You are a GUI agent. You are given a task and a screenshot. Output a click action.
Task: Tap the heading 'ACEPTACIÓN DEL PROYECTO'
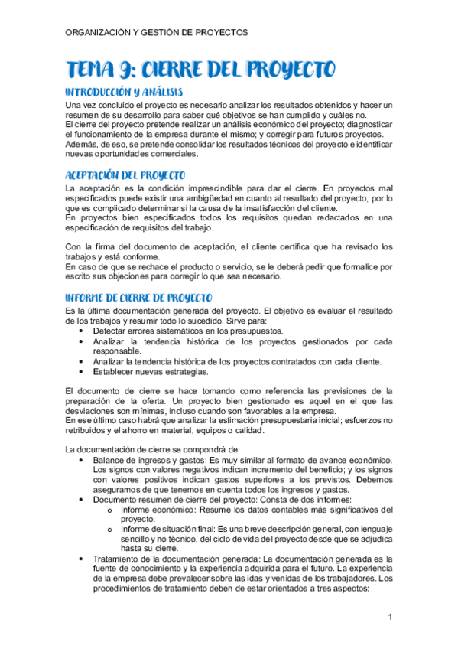[x=127, y=174]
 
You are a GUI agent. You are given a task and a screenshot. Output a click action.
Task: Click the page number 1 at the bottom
[x=389, y=617]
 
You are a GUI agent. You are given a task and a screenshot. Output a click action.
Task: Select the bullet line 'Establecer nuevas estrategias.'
[x=151, y=372]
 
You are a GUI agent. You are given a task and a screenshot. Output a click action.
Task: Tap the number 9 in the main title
[x=128, y=70]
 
